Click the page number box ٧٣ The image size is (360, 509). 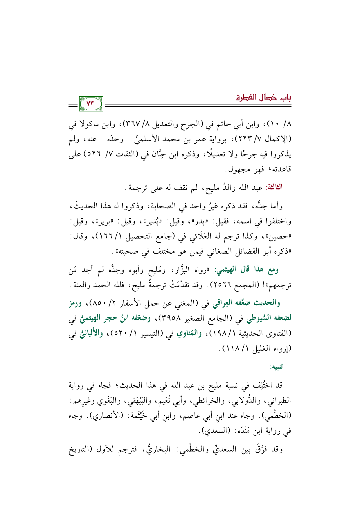pos(91,104)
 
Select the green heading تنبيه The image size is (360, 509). pos(277,367)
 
